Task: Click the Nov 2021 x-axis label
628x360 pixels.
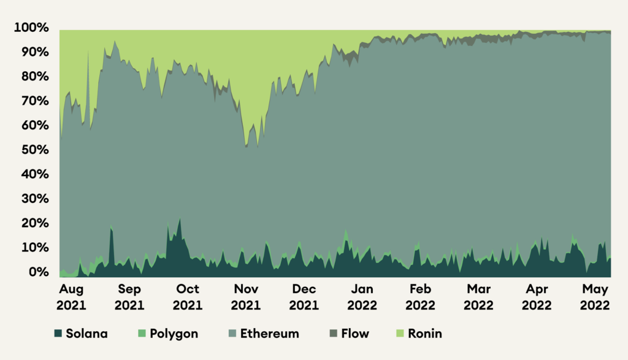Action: pyautogui.click(x=245, y=297)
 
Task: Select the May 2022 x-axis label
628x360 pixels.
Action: pyautogui.click(x=594, y=297)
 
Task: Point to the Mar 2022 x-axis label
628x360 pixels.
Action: pyautogui.click(x=478, y=297)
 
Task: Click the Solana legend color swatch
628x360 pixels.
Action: pyautogui.click(x=59, y=334)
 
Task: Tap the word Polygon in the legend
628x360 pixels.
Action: pyautogui.click(x=174, y=334)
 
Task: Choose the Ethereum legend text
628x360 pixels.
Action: pyautogui.click(x=270, y=334)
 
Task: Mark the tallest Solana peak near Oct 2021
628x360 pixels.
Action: pyautogui.click(x=180, y=219)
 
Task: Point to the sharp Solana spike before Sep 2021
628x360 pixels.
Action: pyautogui.click(x=111, y=228)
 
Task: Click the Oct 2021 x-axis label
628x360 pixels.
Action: pyautogui.click(x=188, y=297)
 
